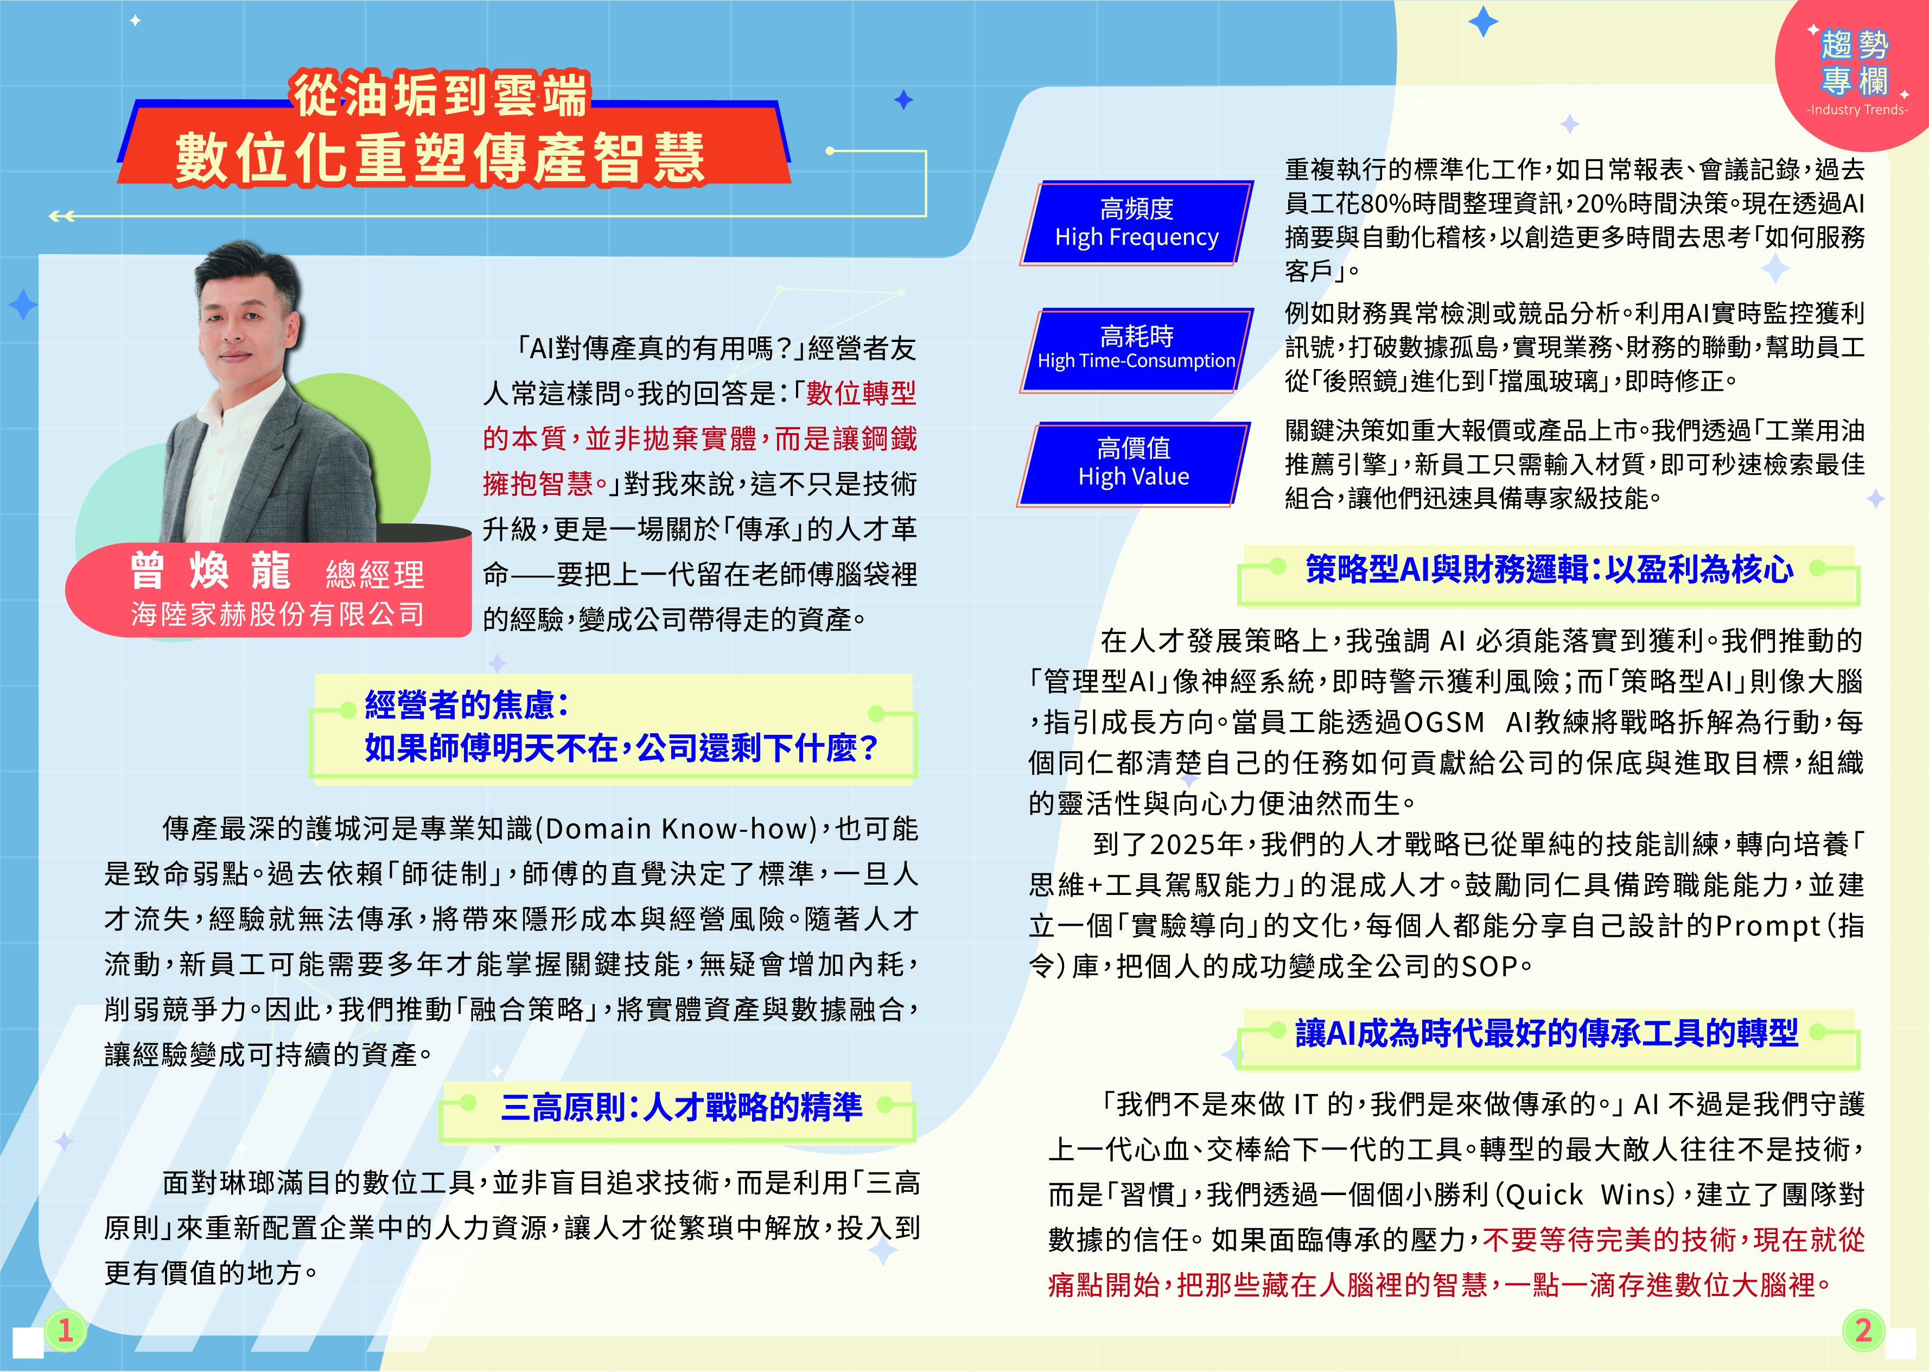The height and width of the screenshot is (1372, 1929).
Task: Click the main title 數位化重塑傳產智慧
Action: (440, 157)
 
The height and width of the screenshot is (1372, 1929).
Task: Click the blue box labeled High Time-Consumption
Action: (1137, 350)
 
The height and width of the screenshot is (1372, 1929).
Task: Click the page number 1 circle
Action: (65, 1331)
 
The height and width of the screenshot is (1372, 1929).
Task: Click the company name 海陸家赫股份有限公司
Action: (278, 614)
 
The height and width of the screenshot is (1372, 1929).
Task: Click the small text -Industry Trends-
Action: (1857, 110)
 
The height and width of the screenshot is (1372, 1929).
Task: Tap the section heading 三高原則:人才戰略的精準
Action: (682, 1106)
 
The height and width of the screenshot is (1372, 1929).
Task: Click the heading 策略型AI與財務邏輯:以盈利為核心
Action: (1549, 569)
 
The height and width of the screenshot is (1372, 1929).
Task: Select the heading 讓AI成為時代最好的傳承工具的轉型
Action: (1546, 1032)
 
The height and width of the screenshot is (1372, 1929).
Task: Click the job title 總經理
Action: (375, 575)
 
